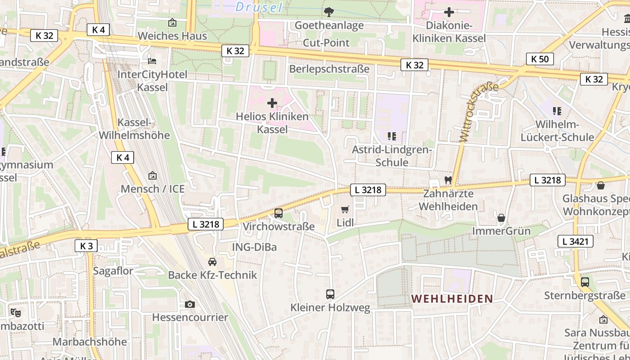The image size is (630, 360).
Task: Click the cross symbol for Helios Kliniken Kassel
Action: [x=272, y=103]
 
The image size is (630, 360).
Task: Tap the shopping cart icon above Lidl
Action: [x=345, y=209]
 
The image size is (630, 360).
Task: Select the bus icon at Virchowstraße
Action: [x=279, y=213]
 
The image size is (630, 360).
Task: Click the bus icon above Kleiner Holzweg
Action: [x=330, y=294]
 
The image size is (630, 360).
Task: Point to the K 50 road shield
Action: [x=540, y=59]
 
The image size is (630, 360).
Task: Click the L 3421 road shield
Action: [x=575, y=241]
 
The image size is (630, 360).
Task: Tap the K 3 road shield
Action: [x=86, y=246]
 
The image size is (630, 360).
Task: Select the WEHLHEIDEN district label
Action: [x=452, y=299]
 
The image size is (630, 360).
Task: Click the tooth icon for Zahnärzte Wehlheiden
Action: [x=448, y=180]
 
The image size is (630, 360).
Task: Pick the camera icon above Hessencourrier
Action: [x=190, y=305]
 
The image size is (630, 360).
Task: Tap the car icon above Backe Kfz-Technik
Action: [x=212, y=262]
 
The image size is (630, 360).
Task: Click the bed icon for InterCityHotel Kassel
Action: [x=152, y=61]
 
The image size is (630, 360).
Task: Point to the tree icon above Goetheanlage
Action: [x=329, y=12]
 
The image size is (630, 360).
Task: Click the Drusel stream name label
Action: [x=259, y=7]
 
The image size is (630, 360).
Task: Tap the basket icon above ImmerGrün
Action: [x=501, y=218]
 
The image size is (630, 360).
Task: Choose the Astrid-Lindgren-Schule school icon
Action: [x=391, y=136]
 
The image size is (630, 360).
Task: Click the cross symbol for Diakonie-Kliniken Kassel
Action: [x=449, y=12]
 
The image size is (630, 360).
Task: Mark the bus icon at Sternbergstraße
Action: [x=585, y=282]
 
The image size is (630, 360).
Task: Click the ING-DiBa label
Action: [x=254, y=247]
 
